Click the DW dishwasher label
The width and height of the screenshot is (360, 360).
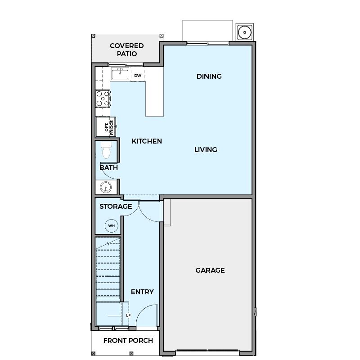(x=138, y=76)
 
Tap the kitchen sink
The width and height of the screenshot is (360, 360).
(x=120, y=74)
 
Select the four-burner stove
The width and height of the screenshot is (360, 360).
(x=103, y=99)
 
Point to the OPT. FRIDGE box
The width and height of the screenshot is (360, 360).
(x=106, y=127)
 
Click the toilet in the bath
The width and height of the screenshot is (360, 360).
(x=106, y=150)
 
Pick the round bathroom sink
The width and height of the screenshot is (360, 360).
(x=106, y=187)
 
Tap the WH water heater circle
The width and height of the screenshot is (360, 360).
(x=112, y=226)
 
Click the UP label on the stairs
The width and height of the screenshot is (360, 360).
(x=128, y=315)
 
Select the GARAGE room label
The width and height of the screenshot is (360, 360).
(x=210, y=270)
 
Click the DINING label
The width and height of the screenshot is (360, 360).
(x=209, y=76)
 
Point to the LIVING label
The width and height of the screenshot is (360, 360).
(x=206, y=150)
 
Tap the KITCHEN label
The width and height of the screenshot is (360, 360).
(x=147, y=141)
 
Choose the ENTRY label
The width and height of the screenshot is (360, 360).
(x=142, y=292)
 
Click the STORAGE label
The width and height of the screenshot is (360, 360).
(x=116, y=207)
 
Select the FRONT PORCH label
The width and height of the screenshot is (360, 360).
(x=128, y=341)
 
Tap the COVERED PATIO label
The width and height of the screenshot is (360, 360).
(x=127, y=50)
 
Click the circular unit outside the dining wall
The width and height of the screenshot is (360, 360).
(x=245, y=32)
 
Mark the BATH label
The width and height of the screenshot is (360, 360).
(x=108, y=168)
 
